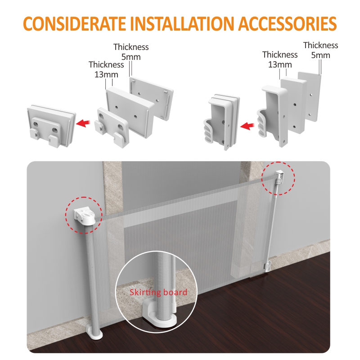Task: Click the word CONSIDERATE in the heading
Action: [x=74, y=23]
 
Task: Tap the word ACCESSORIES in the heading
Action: [x=288, y=23]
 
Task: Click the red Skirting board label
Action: [x=158, y=292]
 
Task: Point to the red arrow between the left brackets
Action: [x=83, y=123]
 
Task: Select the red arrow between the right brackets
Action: [x=247, y=126]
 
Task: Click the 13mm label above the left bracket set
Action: [x=106, y=75]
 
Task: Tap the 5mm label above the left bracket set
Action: [x=131, y=57]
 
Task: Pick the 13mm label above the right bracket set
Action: [x=280, y=65]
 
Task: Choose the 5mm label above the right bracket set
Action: [x=320, y=55]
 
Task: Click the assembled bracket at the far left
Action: [x=51, y=126]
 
